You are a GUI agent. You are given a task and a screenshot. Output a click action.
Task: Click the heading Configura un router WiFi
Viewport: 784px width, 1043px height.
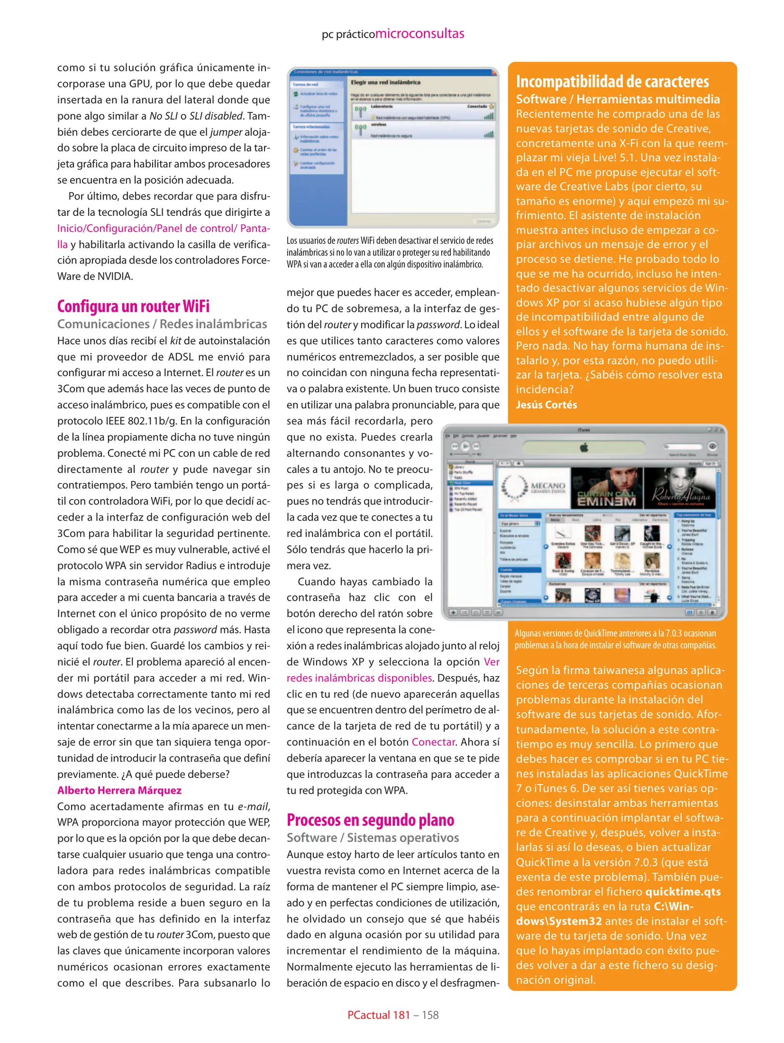(133, 307)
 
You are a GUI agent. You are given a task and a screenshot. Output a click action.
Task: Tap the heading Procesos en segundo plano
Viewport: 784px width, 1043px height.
(370, 820)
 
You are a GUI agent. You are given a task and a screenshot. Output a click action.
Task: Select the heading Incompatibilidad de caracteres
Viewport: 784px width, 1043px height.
(612, 82)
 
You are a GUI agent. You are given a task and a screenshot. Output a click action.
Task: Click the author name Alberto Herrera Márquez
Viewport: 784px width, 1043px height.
(119, 790)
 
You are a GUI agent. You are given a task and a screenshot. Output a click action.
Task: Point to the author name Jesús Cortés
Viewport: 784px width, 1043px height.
(546, 405)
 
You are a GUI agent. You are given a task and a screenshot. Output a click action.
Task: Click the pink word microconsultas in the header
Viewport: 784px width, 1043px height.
(420, 34)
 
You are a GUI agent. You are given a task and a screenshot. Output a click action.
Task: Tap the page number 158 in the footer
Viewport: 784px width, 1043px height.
(430, 1015)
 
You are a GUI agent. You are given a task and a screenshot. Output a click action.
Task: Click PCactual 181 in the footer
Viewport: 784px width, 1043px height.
(378, 1015)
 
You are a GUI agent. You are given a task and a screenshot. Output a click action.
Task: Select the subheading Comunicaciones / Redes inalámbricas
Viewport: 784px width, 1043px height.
(162, 324)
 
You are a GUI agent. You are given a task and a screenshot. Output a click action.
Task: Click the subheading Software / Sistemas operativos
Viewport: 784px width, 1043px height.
(373, 838)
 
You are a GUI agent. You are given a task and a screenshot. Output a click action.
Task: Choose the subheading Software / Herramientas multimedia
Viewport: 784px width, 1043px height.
(617, 99)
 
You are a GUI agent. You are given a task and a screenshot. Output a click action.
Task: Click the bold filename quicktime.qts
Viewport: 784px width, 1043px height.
(683, 891)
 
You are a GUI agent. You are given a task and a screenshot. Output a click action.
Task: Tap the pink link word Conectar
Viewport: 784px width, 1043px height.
(433, 742)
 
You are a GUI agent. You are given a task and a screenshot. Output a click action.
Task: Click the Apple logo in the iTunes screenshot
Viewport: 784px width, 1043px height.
(584, 447)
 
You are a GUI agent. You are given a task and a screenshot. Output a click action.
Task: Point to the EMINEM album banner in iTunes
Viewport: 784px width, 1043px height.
(606, 488)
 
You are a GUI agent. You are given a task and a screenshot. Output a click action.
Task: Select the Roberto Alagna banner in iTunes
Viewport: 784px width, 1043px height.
(681, 488)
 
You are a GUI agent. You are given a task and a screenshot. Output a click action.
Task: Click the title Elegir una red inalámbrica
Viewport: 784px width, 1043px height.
(385, 83)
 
